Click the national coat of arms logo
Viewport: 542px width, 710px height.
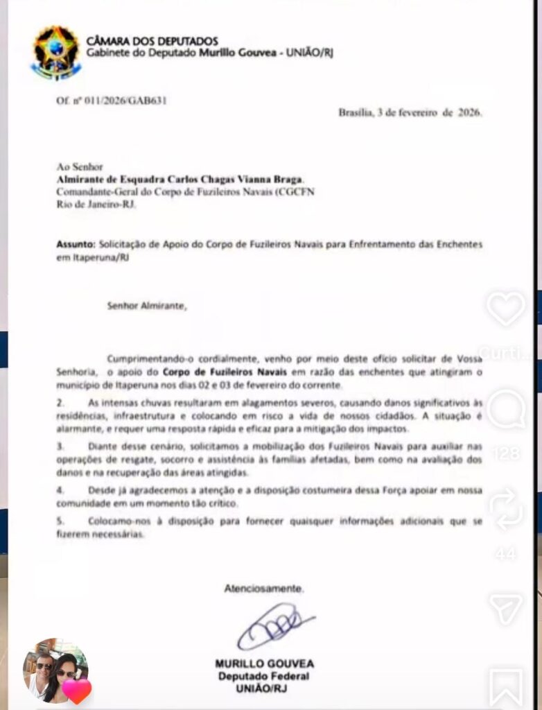(x=55, y=53)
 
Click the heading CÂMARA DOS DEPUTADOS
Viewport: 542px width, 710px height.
(x=152, y=41)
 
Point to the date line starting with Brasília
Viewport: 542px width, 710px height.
(x=410, y=112)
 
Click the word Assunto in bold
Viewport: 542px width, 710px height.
(x=74, y=245)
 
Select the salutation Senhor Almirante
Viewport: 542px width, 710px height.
(x=146, y=304)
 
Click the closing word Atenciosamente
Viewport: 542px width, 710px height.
(x=263, y=589)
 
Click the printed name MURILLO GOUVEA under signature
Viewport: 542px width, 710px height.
(x=263, y=664)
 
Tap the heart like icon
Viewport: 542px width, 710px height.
(x=505, y=308)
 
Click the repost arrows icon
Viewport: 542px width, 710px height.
(x=505, y=509)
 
